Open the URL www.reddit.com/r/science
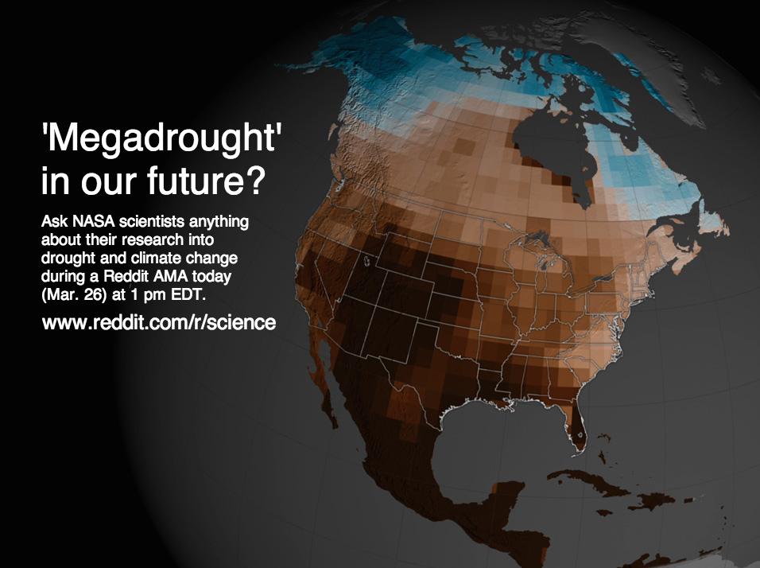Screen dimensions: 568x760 pos(158,324)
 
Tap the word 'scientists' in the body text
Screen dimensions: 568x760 pos(142,223)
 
